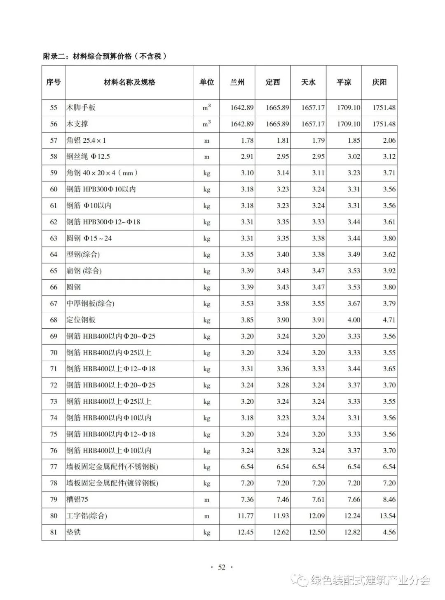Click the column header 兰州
[237, 82]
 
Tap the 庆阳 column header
[379, 82]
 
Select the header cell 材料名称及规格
[129, 82]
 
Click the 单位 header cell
[206, 82]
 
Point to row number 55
[54, 108]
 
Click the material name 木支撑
[77, 124]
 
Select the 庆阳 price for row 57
[389, 140]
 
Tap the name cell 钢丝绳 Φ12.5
[88, 157]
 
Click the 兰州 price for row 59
[247, 173]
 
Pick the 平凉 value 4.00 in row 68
[354, 320]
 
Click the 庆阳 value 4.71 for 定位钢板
[389, 320]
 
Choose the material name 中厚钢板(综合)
[91, 304]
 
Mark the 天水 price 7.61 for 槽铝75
[318, 499]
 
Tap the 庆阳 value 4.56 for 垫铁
[389, 532]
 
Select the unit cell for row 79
[206, 500]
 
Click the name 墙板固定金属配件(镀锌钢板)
[112, 483]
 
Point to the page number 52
[222, 567]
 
